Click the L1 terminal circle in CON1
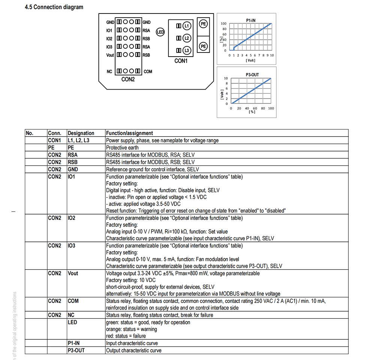[187, 26]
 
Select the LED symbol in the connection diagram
[160, 32]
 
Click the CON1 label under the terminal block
[181, 61]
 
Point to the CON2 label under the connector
[128, 79]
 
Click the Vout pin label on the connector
[110, 55]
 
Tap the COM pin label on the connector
[148, 71]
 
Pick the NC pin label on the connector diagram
[109, 71]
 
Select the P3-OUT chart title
[252, 75]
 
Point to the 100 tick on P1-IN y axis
[223, 24]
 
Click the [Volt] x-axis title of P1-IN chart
[250, 60]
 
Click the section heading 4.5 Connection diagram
[54, 7]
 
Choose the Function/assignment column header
[129, 133]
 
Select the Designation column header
[81, 133]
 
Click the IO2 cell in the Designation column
[72, 218]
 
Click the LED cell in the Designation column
[73, 322]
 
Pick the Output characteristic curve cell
[134, 351]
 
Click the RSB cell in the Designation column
[73, 162]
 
